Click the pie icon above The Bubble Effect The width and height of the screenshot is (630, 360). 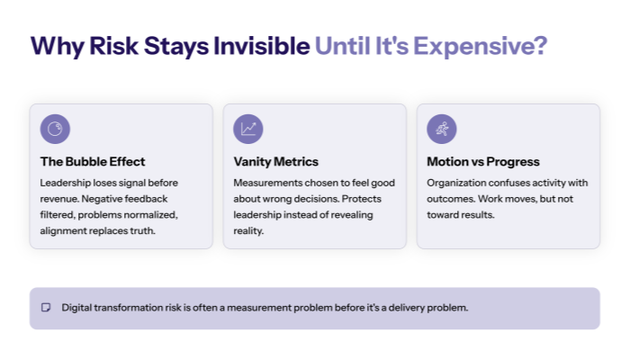pyautogui.click(x=56, y=129)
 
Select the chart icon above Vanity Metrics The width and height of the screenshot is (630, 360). pyautogui.click(x=248, y=129)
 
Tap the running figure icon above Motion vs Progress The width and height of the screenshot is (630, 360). pyautogui.click(x=442, y=129)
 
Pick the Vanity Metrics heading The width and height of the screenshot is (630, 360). pyautogui.click(x=275, y=162)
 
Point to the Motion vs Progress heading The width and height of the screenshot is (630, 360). pyautogui.click(x=483, y=162)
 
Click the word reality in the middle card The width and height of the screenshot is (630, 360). pyautogui.click(x=249, y=230)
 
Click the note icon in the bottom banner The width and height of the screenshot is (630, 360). pyautogui.click(x=46, y=308)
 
